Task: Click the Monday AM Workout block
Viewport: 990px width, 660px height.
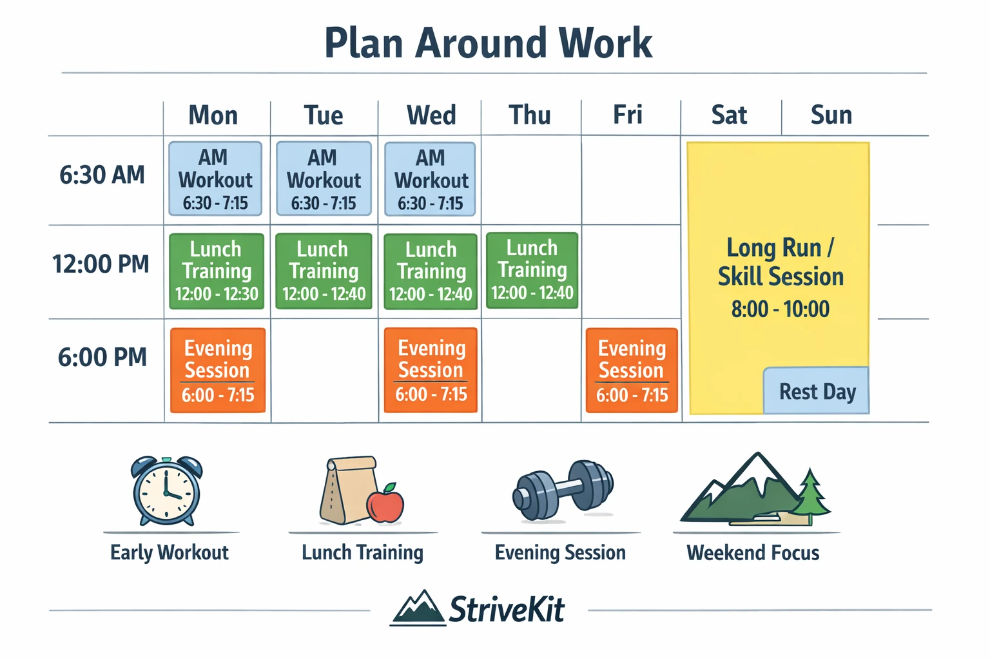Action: coord(215,179)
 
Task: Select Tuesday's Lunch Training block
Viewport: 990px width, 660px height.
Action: coord(324,271)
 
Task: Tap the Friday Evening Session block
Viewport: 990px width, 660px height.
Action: coord(632,371)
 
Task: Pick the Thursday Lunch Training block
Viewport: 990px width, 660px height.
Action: coord(532,270)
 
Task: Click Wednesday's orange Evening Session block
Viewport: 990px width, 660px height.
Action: coord(431,371)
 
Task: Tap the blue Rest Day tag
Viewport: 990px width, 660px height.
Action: coord(816,391)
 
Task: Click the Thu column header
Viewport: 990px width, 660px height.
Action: coord(530,115)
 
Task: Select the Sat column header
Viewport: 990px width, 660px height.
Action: coord(729,115)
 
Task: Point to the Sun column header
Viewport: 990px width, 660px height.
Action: coord(831,115)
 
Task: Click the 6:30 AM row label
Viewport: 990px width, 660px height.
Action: coord(102,175)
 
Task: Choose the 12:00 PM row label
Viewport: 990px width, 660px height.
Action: coord(101,264)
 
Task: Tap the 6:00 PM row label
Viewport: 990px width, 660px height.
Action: coord(102,357)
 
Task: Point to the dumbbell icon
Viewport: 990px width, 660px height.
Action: coord(563,490)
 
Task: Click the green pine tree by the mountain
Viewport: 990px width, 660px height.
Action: coord(810,492)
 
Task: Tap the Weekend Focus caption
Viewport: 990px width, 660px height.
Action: coord(753,553)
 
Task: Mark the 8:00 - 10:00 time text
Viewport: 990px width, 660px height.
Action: coord(780,309)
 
